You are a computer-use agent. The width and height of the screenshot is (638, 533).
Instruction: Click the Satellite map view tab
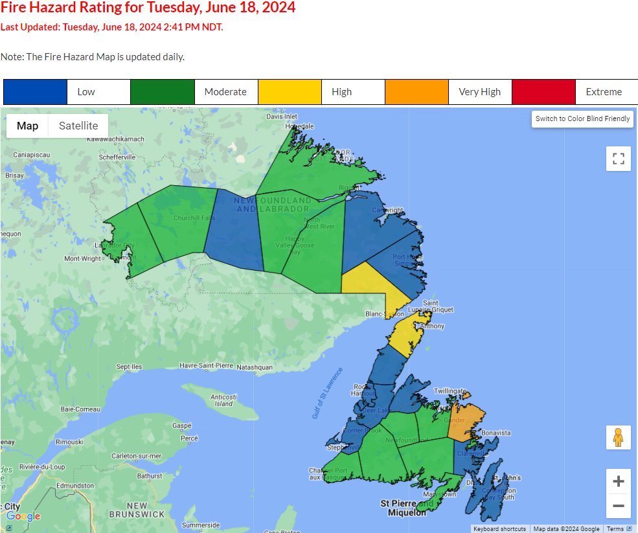(78, 126)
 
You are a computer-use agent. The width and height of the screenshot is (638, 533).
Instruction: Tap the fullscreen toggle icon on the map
(618, 159)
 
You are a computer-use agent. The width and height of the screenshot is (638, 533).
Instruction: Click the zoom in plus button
(618, 481)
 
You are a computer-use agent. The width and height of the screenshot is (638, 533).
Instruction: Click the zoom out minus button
(618, 506)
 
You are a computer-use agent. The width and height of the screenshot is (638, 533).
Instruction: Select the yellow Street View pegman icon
(618, 437)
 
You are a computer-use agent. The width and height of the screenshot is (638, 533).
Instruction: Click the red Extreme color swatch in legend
(543, 92)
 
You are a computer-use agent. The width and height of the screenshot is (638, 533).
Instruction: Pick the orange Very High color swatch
(416, 92)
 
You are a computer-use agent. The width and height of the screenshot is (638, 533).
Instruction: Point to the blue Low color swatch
(35, 92)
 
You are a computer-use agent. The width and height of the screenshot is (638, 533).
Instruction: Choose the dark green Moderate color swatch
(162, 92)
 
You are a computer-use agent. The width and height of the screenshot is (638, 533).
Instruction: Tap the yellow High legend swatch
(290, 92)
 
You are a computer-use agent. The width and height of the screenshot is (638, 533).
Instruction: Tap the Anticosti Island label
(223, 400)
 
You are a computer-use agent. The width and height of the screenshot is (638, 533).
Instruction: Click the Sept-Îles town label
(129, 367)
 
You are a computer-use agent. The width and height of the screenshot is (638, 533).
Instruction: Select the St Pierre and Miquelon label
(406, 508)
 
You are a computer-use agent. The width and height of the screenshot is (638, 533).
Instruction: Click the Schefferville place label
(117, 157)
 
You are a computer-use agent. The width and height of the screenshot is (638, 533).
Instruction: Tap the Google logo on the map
(23, 516)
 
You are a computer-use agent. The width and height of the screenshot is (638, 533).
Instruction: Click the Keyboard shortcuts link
(499, 529)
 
